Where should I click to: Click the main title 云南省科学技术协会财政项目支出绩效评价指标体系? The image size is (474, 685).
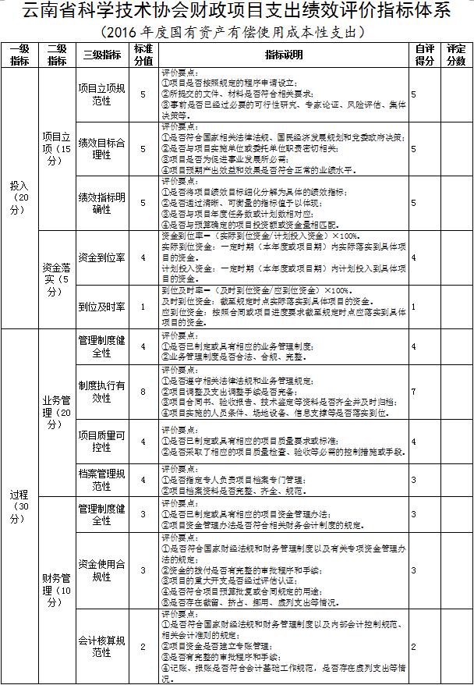tap(237, 12)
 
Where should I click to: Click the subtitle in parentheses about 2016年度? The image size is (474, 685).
tap(236, 33)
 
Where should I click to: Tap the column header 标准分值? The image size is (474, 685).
tap(142, 55)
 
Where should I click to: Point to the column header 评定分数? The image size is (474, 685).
tap(456, 55)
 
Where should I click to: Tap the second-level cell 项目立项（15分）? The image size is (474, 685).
tap(57, 147)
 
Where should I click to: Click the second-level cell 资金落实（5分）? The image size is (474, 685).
tap(57, 279)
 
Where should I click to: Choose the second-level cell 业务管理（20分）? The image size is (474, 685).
tap(57, 412)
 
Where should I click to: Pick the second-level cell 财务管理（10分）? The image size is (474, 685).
tap(57, 591)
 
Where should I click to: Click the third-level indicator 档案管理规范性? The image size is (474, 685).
tap(101, 479)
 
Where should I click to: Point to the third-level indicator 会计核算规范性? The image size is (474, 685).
tap(101, 646)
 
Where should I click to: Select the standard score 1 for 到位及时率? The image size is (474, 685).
tap(142, 306)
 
